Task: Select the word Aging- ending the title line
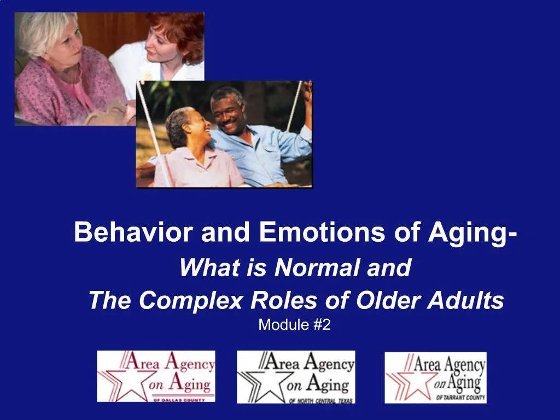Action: (x=473, y=234)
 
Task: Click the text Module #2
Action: (x=295, y=325)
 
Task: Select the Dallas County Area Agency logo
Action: (x=156, y=377)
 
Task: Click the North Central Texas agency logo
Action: (x=295, y=377)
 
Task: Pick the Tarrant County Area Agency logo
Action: (x=435, y=377)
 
